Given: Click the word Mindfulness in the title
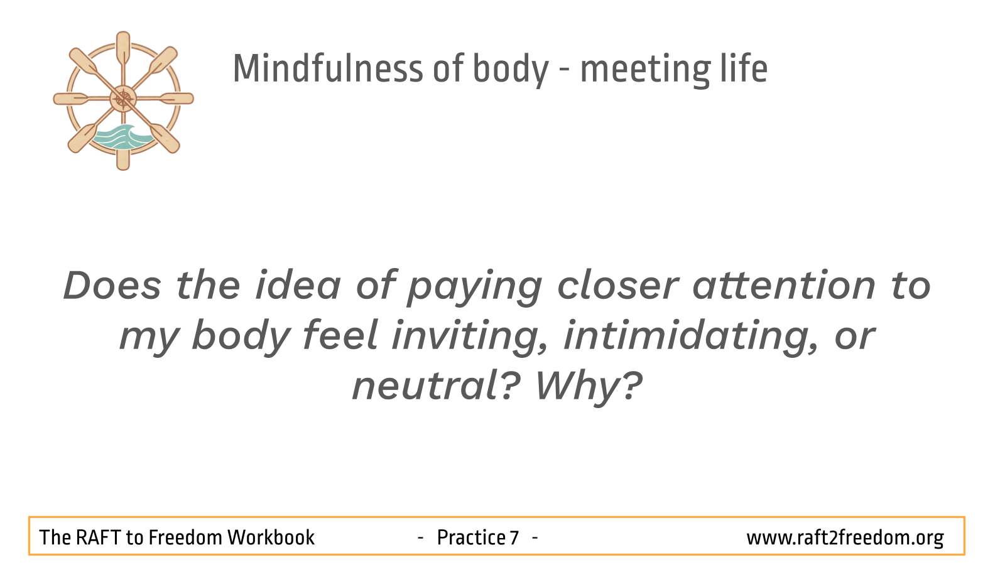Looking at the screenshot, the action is pyautogui.click(x=328, y=68).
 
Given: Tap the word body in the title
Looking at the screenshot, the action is pyautogui.click(x=511, y=70).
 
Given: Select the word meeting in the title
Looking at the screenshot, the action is pyautogui.click(x=646, y=70).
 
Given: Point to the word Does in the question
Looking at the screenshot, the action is pyautogui.click(x=112, y=285).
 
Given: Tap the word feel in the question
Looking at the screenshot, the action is pyautogui.click(x=340, y=335).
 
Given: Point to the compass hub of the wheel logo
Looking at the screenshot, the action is pyautogui.click(x=123, y=99).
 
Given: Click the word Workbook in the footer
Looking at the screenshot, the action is pyautogui.click(x=271, y=537).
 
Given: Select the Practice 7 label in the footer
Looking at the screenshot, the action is pyautogui.click(x=478, y=537).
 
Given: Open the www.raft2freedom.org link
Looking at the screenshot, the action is pyautogui.click(x=845, y=538).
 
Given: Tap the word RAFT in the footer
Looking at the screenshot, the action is pyautogui.click(x=98, y=537).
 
